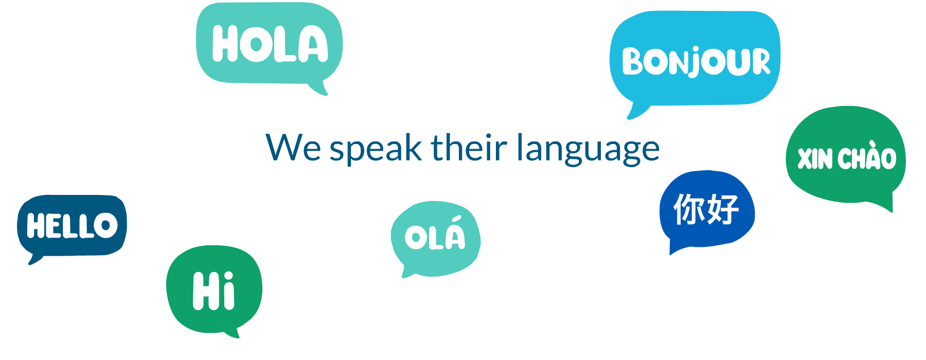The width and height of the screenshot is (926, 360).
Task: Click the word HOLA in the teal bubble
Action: pos(270,44)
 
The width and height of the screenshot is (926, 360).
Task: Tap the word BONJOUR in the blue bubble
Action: pos(696,62)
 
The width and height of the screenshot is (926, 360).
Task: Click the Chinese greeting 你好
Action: pos(706,209)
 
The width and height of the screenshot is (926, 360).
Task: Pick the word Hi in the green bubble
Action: pos(214,291)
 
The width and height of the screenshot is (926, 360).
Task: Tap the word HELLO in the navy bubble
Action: pos(72,226)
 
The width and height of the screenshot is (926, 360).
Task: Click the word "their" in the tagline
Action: pos(469,148)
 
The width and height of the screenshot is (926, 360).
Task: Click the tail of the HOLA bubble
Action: pos(319,88)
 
